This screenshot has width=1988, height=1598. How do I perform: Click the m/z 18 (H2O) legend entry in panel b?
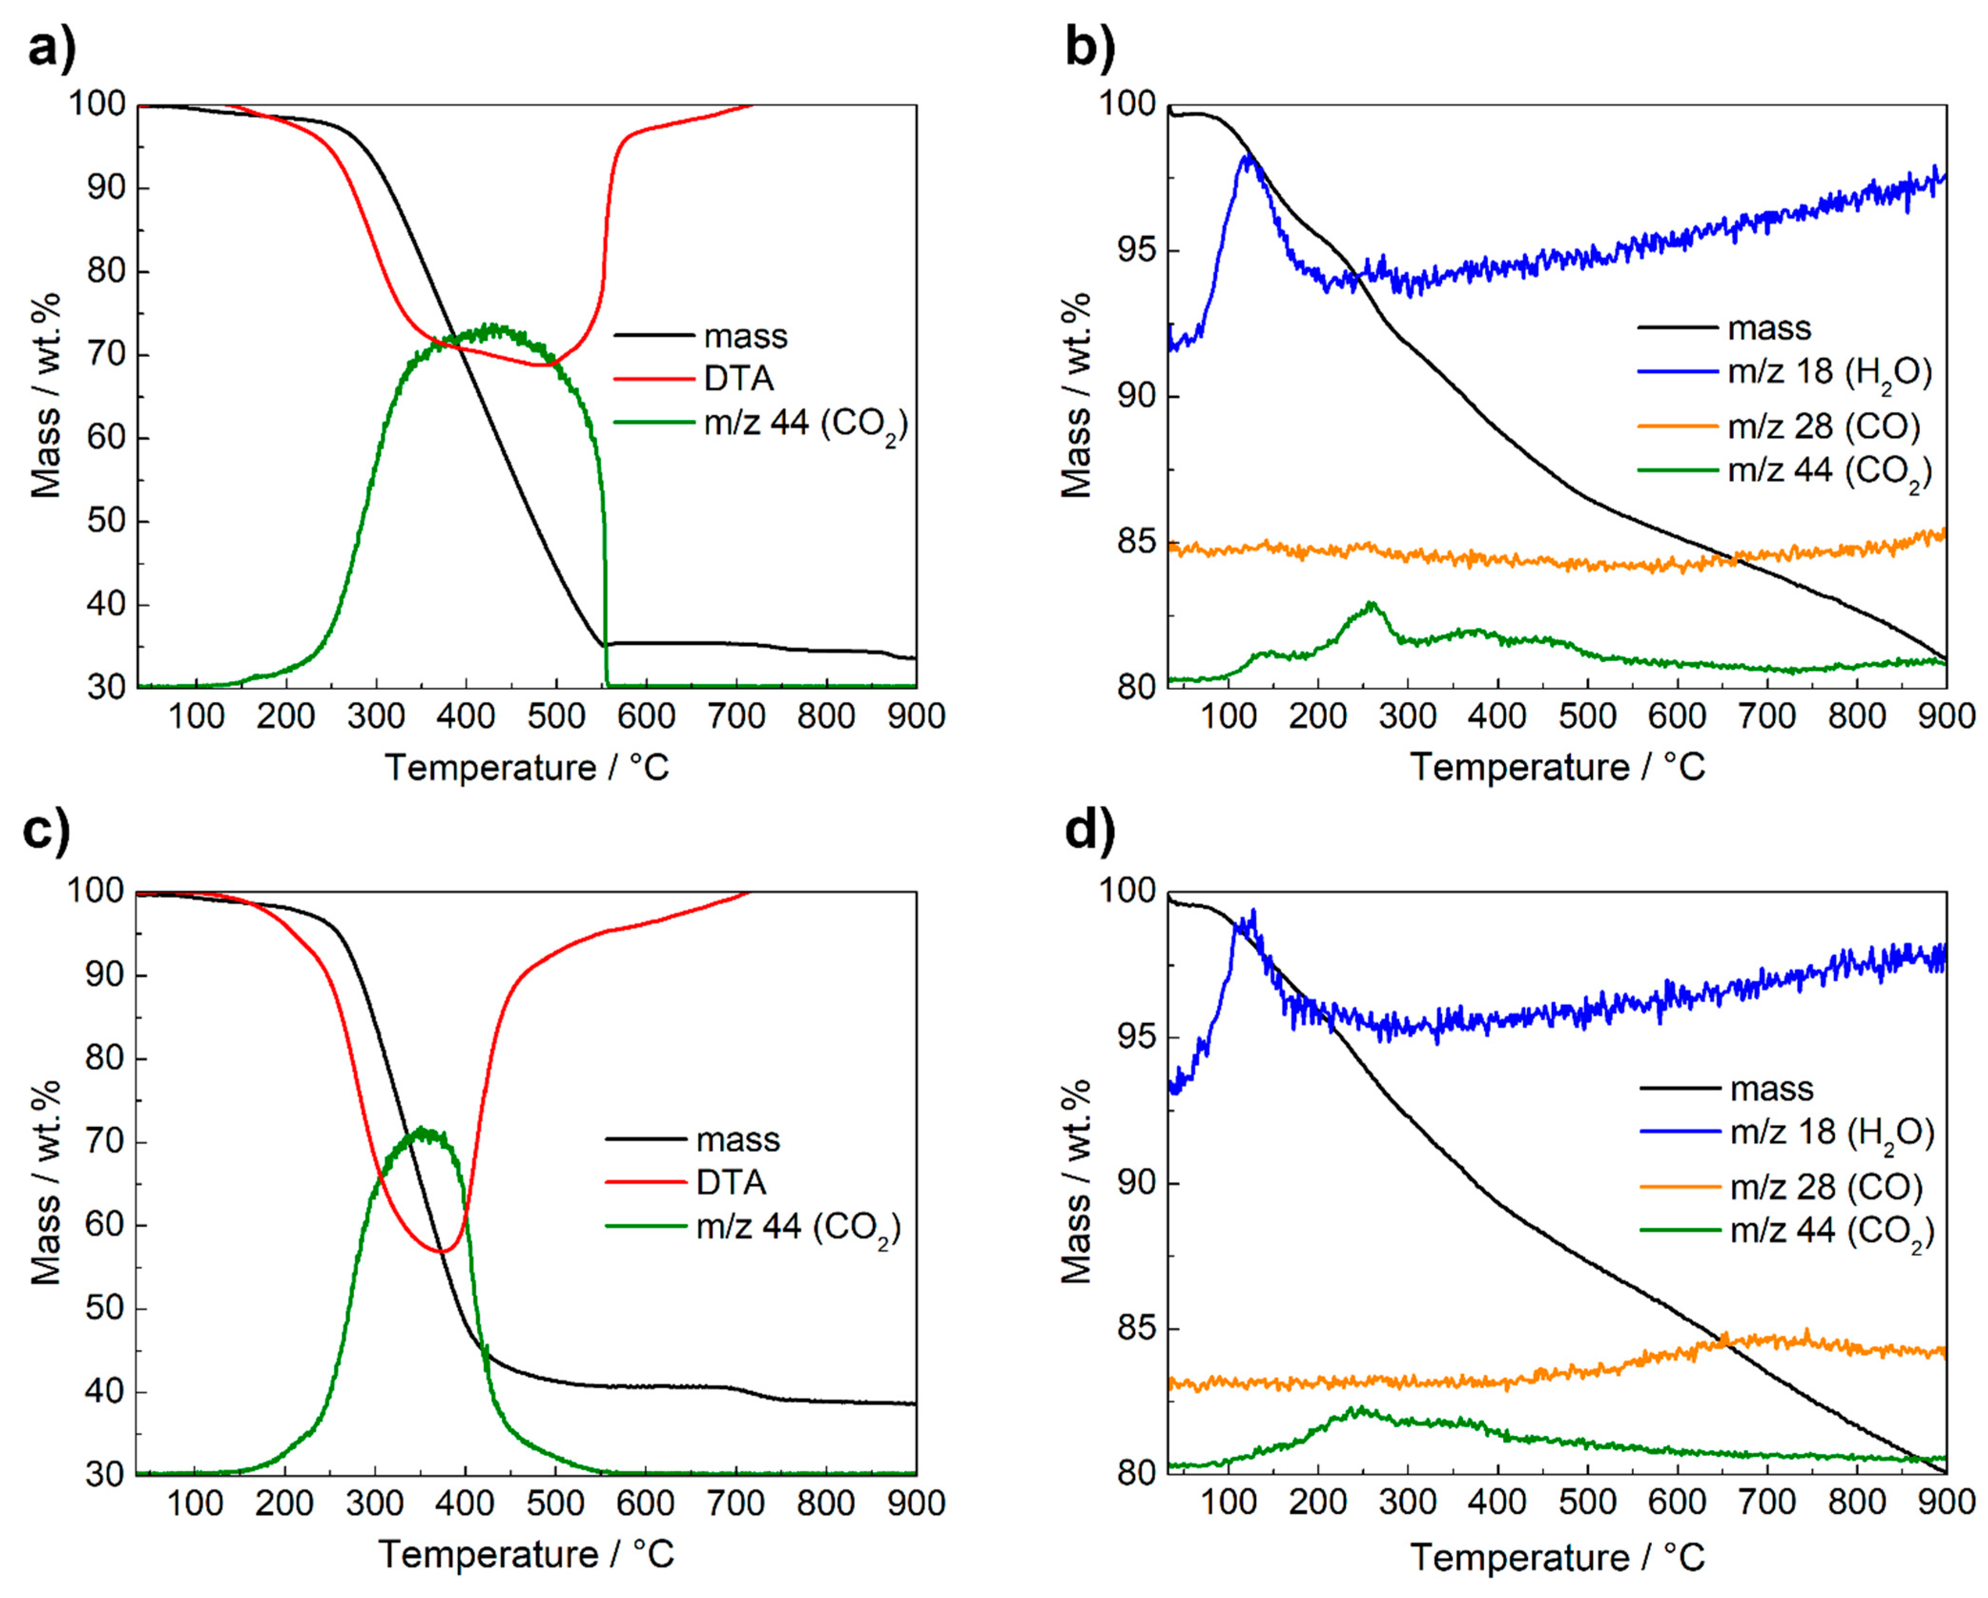1785,372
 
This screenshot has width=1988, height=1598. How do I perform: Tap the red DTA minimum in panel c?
441,1251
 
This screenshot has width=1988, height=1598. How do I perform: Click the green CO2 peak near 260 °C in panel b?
1371,604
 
